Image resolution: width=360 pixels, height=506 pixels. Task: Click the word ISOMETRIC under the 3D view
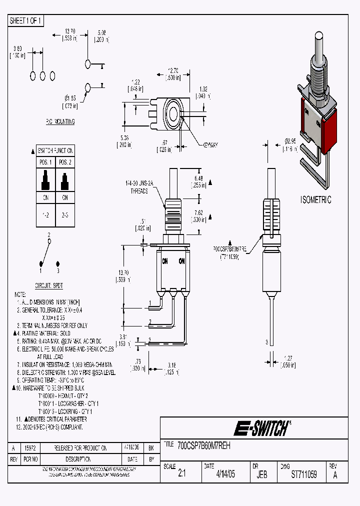(315, 200)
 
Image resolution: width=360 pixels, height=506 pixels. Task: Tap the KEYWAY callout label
(210, 145)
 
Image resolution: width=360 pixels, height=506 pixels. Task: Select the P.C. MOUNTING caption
(60, 121)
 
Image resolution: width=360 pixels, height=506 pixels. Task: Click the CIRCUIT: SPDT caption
(49, 285)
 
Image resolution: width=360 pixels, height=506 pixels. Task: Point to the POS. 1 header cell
(45, 162)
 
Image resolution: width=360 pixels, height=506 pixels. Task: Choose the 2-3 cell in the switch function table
(64, 214)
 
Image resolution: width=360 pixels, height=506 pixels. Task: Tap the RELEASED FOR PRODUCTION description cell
(80, 448)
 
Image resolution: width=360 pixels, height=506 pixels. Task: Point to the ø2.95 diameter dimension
(290, 145)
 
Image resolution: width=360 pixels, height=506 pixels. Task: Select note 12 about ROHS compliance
(50, 427)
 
